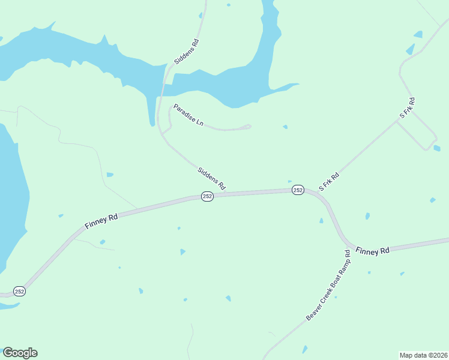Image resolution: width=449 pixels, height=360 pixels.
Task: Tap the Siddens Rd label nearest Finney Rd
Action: [211, 178]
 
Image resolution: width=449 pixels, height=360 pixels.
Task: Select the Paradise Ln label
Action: [188, 115]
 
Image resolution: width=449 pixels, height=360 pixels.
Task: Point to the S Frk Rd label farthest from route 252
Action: [408, 107]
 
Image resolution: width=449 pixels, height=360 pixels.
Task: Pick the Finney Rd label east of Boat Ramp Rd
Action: [372, 251]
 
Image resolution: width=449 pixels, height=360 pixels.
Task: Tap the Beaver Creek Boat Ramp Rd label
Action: [328, 285]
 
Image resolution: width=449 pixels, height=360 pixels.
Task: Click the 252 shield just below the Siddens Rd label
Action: [207, 197]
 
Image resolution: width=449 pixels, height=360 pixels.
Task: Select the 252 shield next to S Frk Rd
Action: [298, 190]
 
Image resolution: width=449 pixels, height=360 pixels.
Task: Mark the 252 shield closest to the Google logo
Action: [19, 291]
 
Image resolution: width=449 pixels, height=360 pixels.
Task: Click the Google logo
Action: [20, 353]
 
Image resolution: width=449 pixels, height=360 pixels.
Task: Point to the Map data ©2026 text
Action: [423, 355]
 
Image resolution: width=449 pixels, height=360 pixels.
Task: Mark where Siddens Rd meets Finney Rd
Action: [230, 193]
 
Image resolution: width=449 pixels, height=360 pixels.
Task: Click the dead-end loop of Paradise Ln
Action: [247, 126]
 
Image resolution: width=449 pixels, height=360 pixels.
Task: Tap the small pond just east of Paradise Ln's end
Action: [285, 127]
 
